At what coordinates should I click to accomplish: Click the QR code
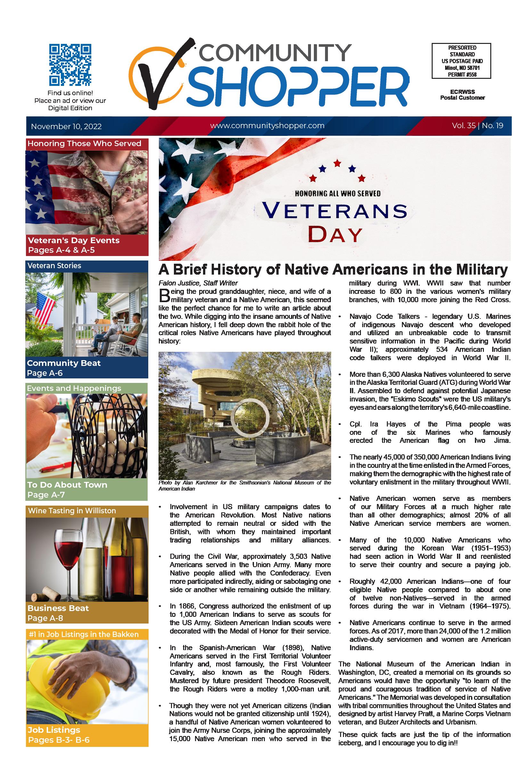coord(70,65)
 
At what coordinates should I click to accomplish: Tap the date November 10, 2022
coord(66,127)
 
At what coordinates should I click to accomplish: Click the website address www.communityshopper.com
coord(267,126)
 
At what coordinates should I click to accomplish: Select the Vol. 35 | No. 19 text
coord(477,126)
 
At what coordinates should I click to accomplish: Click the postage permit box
coord(461,61)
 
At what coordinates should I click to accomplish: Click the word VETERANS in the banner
coord(335,211)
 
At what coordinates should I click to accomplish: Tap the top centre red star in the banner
coord(337,163)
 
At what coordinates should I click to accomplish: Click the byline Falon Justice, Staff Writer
coord(198,283)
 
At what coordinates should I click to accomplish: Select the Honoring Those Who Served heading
coord(84,144)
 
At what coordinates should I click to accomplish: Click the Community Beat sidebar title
coord(64,363)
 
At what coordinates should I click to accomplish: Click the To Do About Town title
coord(68,485)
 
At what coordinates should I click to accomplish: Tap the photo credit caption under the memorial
coord(244,486)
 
